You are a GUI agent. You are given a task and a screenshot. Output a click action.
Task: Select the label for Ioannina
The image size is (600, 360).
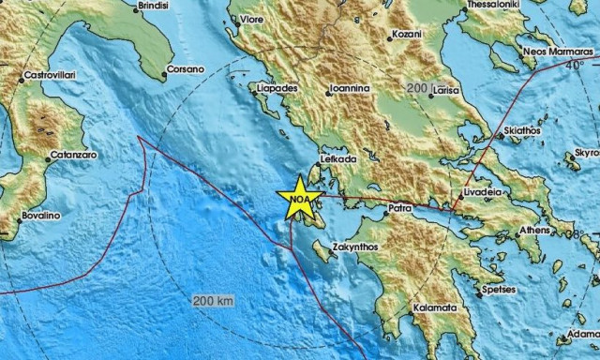tap(349, 90)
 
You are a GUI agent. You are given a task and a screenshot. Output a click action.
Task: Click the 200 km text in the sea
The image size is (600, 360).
tap(212, 301)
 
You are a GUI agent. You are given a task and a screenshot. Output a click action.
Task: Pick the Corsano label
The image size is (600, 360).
tap(184, 69)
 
